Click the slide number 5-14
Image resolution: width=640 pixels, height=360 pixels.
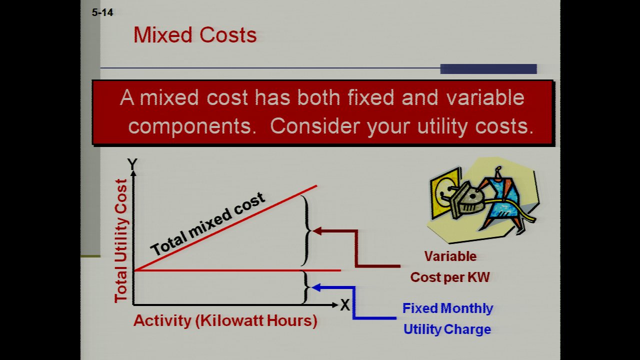tap(102, 12)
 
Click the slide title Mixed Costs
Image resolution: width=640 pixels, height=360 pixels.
tap(195, 35)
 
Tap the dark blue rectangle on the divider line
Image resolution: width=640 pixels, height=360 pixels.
tap(488, 69)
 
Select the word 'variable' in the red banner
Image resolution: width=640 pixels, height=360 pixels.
tap(485, 97)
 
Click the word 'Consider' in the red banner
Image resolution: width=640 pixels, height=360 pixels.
tap(315, 126)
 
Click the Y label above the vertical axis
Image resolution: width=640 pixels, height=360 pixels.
tap(132, 164)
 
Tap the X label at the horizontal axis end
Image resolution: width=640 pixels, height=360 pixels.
tap(345, 305)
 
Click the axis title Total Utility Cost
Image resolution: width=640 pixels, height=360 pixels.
tap(121, 240)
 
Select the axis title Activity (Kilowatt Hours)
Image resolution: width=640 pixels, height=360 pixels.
tap(225, 320)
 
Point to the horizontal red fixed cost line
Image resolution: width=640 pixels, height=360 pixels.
tap(237, 270)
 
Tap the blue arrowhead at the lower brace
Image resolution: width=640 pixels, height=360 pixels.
tap(316, 287)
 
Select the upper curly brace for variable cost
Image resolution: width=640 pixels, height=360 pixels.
tap(306, 231)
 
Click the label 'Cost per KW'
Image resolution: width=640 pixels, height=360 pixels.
tap(450, 277)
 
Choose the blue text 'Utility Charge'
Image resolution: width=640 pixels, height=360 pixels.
tap(447, 329)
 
